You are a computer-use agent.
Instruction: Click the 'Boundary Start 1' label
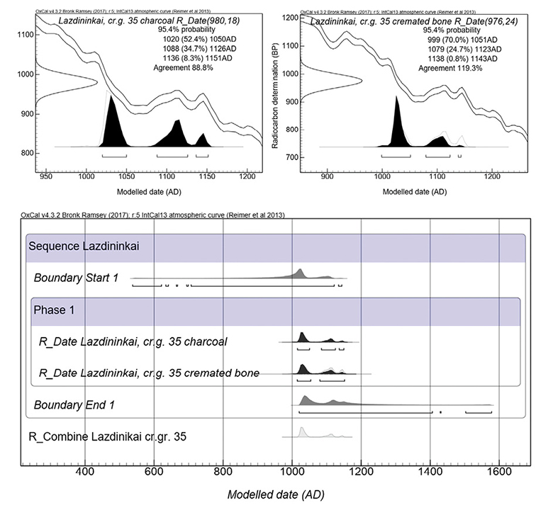[76, 277]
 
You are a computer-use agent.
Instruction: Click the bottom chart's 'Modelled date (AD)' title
[276, 494]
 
